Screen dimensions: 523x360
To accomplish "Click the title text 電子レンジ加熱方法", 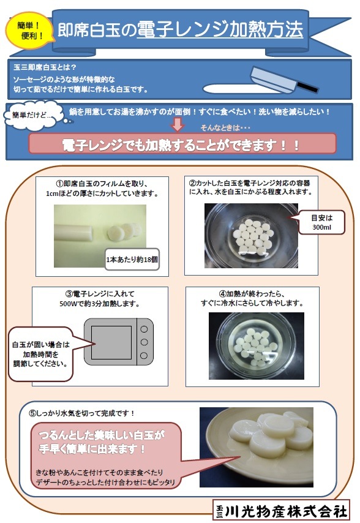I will point(220,28).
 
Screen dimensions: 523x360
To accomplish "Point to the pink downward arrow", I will point(177,124).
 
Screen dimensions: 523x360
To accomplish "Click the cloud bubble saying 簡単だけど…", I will point(29,116).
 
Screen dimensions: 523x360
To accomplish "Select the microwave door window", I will point(111,342).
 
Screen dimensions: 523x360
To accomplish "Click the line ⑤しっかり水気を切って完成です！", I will point(82,413).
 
